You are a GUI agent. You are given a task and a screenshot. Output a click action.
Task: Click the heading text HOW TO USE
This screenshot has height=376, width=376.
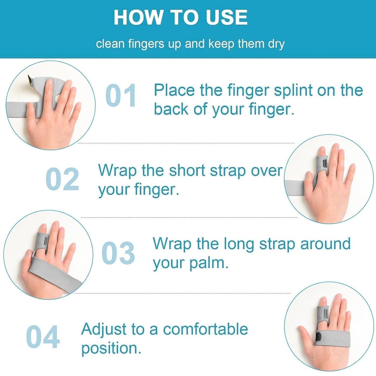[181, 18]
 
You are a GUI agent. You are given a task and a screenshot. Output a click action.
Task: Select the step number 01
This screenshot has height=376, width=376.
[121, 96]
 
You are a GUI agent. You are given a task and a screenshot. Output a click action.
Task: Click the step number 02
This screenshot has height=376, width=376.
[62, 179]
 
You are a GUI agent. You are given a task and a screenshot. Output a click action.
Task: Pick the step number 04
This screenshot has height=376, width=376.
[43, 337]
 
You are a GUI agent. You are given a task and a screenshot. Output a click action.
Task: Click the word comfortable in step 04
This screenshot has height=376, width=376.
[205, 329]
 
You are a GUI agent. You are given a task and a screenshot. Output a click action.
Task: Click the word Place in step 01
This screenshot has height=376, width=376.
[174, 91]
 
